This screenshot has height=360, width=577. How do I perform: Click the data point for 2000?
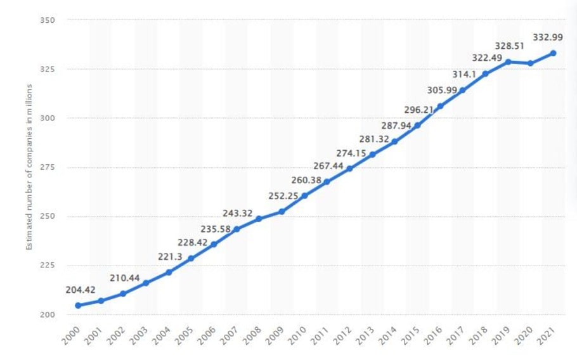[x=78, y=305]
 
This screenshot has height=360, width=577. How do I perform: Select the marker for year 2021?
[x=554, y=53]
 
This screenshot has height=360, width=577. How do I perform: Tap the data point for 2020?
[x=530, y=63]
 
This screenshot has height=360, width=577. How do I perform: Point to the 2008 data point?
[x=259, y=219]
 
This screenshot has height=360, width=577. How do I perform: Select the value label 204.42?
[x=81, y=290]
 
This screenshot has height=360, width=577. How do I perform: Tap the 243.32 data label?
[x=238, y=212]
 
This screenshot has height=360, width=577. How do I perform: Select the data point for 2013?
[x=372, y=155]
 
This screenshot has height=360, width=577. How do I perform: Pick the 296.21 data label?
[x=418, y=110]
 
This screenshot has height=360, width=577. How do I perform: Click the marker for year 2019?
[x=508, y=61]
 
